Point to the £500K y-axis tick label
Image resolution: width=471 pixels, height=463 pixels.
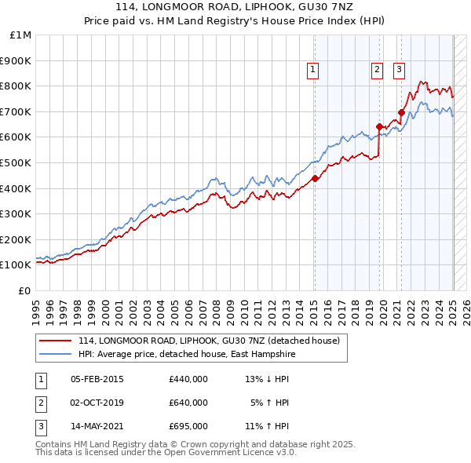tap(16, 162)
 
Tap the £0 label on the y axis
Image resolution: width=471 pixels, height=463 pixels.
tap(26, 290)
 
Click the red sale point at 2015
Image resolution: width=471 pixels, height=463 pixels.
tap(315, 178)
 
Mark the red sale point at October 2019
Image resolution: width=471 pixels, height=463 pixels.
tap(379, 126)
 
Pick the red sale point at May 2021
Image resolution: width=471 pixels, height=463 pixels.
tap(401, 112)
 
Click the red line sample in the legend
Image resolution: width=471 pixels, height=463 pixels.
tap(57, 341)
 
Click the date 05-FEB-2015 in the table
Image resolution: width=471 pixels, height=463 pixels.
tap(97, 379)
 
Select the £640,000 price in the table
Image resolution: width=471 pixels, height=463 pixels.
tap(188, 403)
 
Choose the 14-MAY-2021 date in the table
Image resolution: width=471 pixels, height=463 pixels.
tap(97, 426)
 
